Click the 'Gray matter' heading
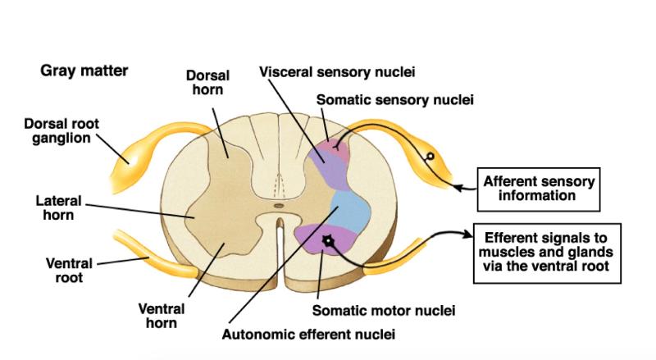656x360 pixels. pos(84,71)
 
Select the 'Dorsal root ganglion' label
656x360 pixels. pos(61,131)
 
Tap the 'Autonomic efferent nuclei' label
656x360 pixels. pos(309,335)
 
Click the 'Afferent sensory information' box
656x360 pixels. pos(539,188)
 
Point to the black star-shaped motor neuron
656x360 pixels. pos(329,240)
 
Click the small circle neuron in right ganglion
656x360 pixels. pos(428,156)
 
